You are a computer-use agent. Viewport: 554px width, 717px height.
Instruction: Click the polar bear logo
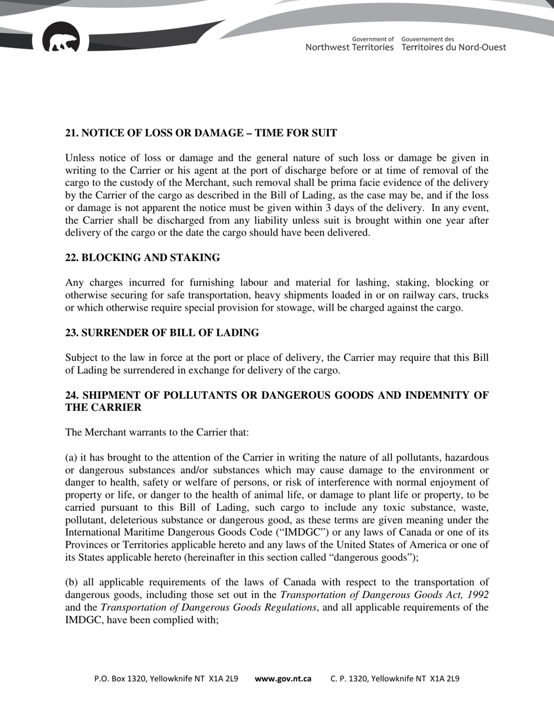coord(61,40)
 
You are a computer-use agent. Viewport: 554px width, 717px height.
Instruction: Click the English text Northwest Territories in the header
coord(349,47)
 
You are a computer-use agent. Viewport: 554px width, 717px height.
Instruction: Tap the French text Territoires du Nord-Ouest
coord(454,47)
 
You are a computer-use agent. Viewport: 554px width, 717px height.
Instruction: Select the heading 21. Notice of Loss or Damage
coord(201,133)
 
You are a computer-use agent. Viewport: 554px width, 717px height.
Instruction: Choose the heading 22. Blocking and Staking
coord(142,258)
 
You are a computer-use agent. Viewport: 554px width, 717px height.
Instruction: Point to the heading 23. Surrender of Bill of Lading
coord(162,333)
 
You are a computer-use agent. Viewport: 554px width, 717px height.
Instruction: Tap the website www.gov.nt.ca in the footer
coord(283,679)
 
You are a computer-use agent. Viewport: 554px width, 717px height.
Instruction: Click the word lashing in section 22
coord(369,283)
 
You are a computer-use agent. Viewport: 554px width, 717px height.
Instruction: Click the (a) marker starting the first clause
coord(71,458)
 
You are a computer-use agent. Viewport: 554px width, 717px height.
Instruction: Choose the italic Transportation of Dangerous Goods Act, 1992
coord(384,595)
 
